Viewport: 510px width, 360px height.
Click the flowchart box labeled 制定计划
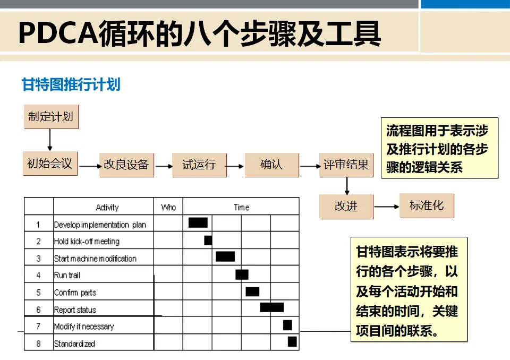click(51, 116)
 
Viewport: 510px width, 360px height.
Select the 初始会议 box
click(49, 164)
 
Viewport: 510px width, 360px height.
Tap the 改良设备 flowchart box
click(126, 165)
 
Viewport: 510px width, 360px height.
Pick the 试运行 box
click(199, 165)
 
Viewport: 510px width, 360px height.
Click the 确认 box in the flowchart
click(271, 165)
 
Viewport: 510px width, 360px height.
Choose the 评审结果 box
click(346, 165)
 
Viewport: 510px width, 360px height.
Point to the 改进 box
click(346, 207)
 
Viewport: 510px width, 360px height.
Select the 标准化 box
click(427, 205)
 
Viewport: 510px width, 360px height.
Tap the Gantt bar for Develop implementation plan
click(198, 222)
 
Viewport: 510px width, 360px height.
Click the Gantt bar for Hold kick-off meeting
click(208, 240)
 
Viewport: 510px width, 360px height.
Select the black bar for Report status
click(271, 307)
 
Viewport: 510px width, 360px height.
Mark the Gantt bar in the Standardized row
click(292, 341)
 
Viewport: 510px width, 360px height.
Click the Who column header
click(168, 207)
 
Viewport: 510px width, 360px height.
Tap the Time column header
click(241, 207)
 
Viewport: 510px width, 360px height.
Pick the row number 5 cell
click(38, 292)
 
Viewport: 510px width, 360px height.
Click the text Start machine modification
click(95, 259)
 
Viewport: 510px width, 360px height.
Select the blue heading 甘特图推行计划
click(71, 84)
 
